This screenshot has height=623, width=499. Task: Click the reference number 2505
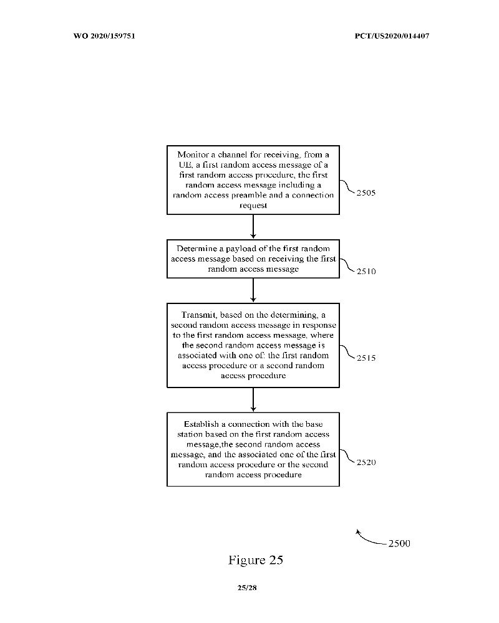point(366,193)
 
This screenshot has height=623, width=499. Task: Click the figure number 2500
point(399,543)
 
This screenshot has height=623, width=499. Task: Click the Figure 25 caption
point(256,560)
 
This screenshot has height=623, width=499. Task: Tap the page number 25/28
point(247,587)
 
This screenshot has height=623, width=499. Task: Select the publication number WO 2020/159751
point(105,36)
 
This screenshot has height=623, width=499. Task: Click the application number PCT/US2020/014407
point(392,36)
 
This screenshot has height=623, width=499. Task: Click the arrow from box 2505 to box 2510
point(253,227)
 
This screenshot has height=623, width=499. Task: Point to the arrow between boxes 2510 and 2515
point(253,290)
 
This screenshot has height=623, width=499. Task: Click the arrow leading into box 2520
point(253,399)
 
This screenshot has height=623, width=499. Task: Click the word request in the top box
point(253,205)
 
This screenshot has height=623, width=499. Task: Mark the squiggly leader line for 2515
point(347,353)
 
